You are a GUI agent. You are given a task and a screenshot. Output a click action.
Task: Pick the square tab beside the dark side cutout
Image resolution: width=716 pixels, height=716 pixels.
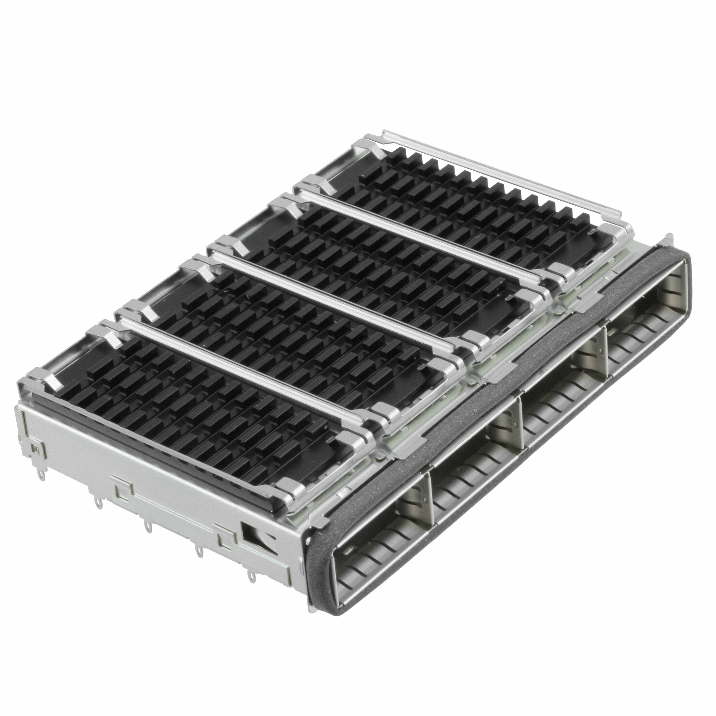coord(224,539)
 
